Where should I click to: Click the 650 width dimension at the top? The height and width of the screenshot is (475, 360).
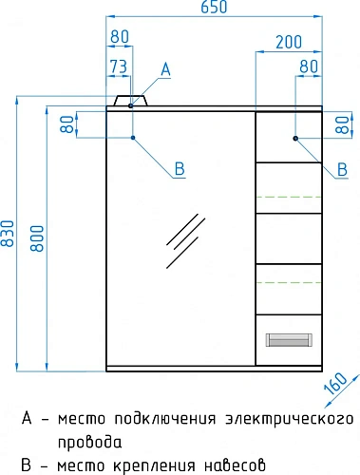pos(214,8)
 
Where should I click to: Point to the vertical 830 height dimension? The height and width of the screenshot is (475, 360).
pos(9,234)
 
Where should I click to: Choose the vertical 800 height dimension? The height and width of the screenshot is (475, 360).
pos(36,234)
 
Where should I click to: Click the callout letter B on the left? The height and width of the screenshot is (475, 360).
pos(178,169)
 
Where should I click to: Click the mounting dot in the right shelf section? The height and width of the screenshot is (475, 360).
pos(296,139)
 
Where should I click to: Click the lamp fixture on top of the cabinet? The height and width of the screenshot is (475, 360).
pos(131,101)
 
